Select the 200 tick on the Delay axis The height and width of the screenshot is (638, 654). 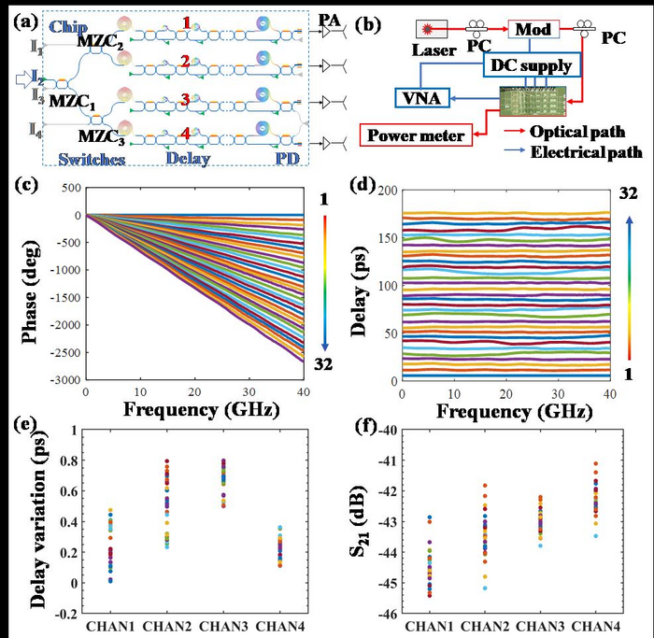coord(385,189)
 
